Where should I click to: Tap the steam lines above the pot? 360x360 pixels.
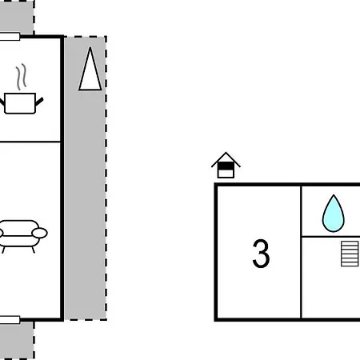point(22,77)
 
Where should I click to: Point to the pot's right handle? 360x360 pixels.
point(39,102)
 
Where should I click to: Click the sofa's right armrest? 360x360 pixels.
point(40,233)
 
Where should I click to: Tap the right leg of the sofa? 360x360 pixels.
point(34,250)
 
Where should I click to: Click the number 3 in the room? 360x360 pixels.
point(261,254)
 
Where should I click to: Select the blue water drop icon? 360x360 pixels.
point(334,214)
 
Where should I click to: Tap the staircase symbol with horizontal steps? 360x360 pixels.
point(350,254)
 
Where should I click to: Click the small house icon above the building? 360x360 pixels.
point(226,166)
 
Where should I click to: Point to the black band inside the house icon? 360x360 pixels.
point(226,166)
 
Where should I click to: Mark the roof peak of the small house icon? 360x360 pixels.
point(226,153)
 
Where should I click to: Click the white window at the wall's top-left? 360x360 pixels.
point(10,37)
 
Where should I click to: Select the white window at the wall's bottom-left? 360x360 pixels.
point(10,320)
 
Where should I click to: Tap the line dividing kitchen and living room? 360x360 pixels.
point(30,142)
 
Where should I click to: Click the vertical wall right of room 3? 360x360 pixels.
point(301,252)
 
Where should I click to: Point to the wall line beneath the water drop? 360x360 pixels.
point(330,236)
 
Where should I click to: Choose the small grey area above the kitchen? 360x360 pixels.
point(17,17)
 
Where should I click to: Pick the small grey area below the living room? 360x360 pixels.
point(17,341)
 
